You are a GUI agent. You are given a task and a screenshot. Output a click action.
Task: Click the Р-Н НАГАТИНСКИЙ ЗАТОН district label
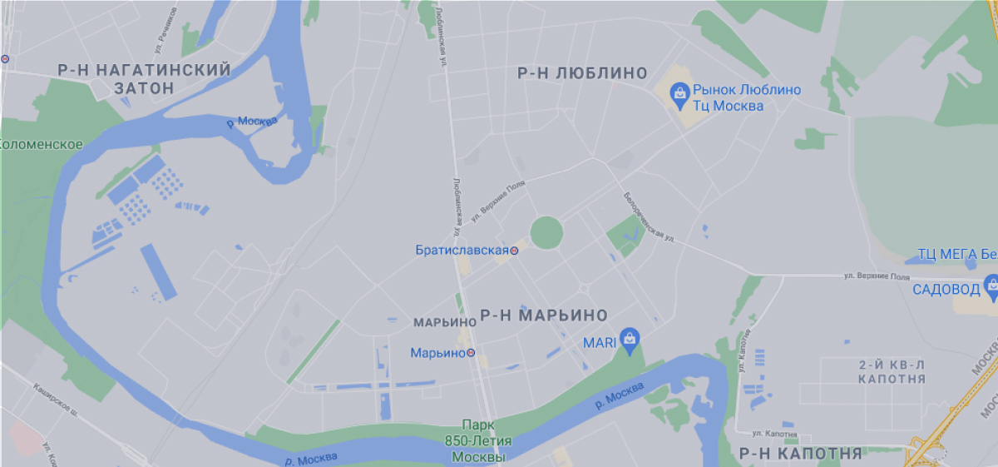[x=145, y=79]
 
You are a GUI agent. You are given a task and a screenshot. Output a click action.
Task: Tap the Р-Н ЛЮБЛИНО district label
[x=582, y=73]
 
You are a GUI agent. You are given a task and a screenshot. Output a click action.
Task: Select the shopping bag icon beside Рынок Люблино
[x=680, y=92]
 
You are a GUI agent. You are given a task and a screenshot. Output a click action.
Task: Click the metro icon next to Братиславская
[x=515, y=250]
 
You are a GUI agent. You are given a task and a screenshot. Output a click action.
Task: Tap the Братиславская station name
[x=462, y=249]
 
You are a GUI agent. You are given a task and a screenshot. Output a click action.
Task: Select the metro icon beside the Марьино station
[x=471, y=353]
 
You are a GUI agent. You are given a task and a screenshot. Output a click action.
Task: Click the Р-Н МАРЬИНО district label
[x=544, y=315]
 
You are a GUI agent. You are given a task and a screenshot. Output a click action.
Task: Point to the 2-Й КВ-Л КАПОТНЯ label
[x=892, y=371]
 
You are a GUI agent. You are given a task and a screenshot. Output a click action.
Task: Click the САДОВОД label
[x=946, y=290]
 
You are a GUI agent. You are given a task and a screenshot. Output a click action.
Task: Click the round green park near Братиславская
[x=546, y=232]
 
